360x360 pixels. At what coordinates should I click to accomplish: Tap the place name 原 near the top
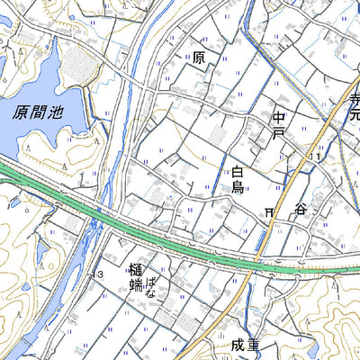click(x=199, y=58)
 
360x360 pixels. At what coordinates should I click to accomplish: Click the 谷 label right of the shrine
click(x=300, y=209)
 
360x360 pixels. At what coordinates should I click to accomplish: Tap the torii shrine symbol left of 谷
click(x=269, y=211)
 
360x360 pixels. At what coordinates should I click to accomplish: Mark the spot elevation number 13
click(x=98, y=273)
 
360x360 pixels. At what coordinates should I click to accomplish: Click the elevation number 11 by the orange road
click(x=314, y=157)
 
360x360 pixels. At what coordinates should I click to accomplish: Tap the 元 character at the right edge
click(x=353, y=115)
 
